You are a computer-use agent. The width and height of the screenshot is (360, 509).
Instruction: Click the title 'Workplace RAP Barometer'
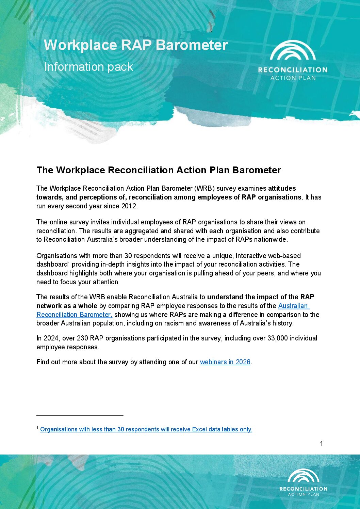(x=136, y=45)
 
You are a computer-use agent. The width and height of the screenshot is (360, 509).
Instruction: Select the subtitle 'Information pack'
(x=88, y=67)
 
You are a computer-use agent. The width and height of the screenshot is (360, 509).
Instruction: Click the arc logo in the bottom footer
(x=304, y=476)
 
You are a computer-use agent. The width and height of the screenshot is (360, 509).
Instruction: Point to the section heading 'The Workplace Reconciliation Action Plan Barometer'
(x=159, y=170)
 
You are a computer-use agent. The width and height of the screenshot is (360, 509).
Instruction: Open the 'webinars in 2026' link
(x=225, y=362)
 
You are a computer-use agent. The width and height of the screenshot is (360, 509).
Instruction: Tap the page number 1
(x=322, y=444)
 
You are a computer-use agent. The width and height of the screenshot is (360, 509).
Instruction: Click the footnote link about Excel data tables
(x=146, y=429)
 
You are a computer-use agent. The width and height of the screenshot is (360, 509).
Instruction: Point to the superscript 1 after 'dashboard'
(x=69, y=263)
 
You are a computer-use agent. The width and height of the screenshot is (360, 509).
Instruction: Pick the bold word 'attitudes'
(x=282, y=188)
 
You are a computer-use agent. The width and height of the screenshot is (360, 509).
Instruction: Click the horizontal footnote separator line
(x=80, y=415)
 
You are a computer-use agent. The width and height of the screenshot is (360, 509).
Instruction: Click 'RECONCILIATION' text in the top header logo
(x=293, y=70)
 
